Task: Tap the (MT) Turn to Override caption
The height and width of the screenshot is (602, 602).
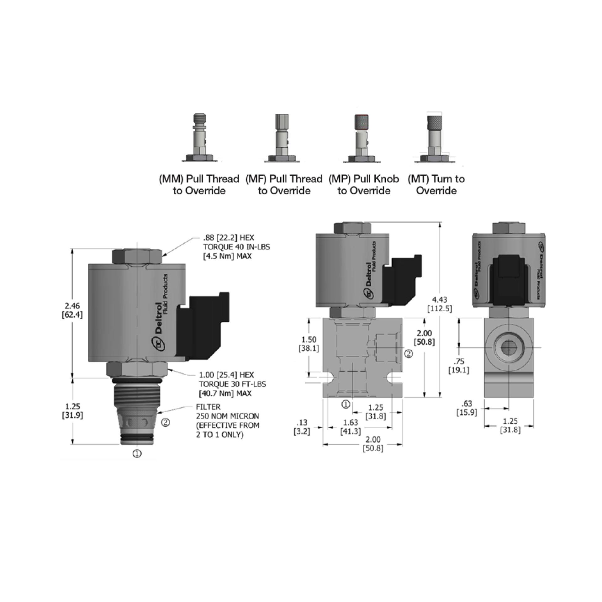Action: tap(436, 185)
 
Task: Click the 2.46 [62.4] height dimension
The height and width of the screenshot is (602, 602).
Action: tap(72, 310)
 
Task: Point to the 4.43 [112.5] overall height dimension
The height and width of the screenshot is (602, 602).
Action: tap(440, 304)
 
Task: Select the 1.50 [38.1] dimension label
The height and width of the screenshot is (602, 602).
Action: tap(309, 344)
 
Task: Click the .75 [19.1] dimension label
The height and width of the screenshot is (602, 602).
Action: tap(459, 366)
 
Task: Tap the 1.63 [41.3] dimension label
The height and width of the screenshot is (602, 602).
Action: tap(351, 427)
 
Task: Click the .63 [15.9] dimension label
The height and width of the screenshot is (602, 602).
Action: tap(467, 408)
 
